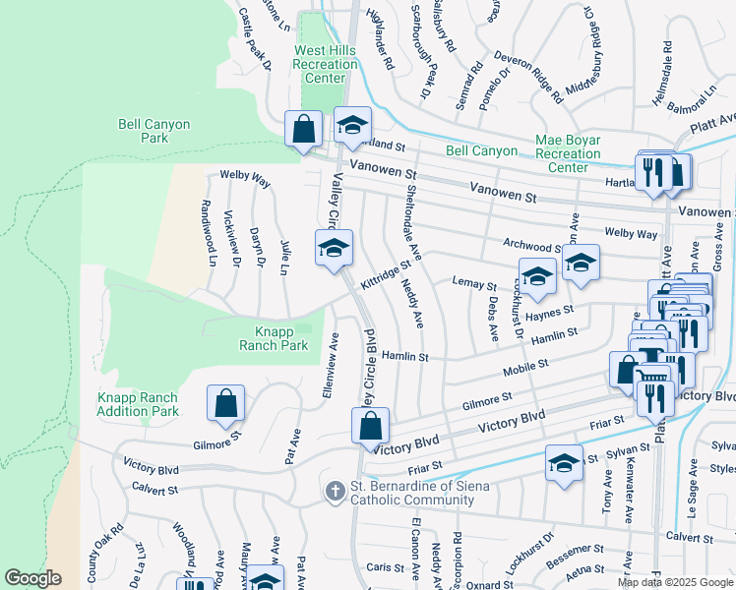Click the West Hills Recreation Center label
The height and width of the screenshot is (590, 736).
click(326, 64)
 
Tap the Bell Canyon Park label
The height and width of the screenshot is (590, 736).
click(156, 131)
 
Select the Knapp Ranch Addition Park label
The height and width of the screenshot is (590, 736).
click(138, 404)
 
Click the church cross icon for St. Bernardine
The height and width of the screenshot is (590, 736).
click(336, 490)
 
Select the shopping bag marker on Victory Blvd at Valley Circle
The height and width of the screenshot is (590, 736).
click(371, 426)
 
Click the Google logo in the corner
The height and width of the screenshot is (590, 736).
click(32, 578)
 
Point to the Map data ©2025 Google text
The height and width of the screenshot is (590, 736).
click(675, 582)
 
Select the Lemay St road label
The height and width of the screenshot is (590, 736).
click(474, 284)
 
